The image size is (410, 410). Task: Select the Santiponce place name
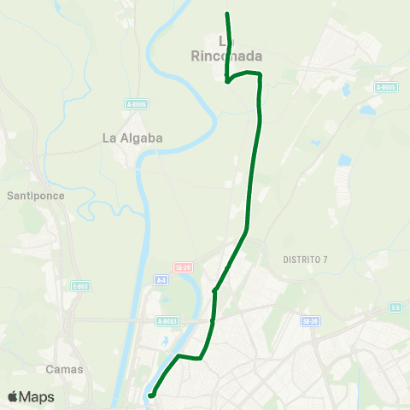pyautogui.click(x=36, y=196)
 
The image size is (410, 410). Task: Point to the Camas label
pyautogui.click(x=64, y=369)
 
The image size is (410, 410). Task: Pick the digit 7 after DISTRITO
pyautogui.click(x=325, y=259)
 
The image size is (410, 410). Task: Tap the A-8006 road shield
pyautogui.click(x=136, y=104)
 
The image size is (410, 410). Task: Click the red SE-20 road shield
pyautogui.click(x=183, y=266)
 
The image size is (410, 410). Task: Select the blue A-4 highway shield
pyautogui.click(x=161, y=280)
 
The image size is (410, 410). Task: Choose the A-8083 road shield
pyautogui.click(x=167, y=321)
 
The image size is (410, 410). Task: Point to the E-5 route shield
pyautogui.click(x=395, y=307)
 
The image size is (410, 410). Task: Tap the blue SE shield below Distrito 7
pyautogui.click(x=310, y=320)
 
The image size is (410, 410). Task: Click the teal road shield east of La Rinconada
pyautogui.click(x=386, y=87)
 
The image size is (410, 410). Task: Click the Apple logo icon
pyautogui.click(x=13, y=396)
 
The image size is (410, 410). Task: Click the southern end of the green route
pyautogui.click(x=150, y=395)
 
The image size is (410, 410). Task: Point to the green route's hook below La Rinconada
pyautogui.click(x=227, y=82)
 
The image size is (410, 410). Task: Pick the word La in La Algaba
pyautogui.click(x=109, y=138)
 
